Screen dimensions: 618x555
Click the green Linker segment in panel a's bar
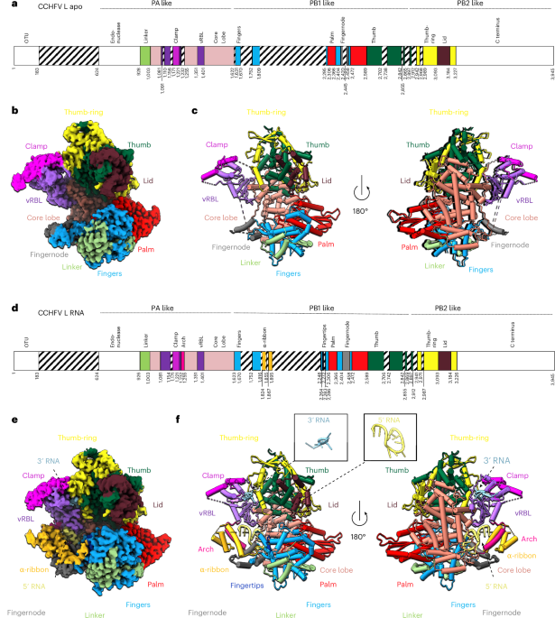point(145,54)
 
